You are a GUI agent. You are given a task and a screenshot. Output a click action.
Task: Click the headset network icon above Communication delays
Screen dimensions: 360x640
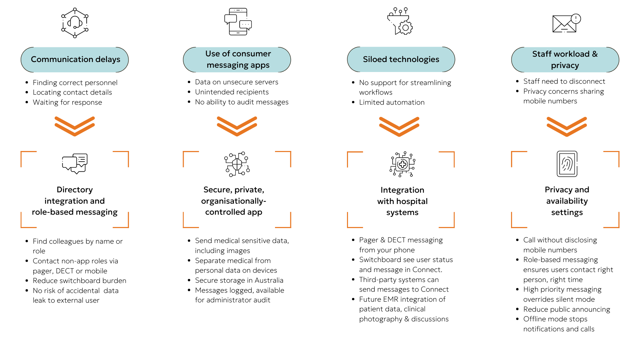(x=75, y=23)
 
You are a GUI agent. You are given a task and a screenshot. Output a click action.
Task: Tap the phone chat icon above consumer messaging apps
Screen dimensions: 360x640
(x=238, y=22)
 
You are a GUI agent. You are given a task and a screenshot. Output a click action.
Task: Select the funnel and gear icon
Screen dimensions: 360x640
(x=400, y=21)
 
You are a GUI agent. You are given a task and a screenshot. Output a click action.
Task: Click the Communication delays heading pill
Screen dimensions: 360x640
(x=75, y=59)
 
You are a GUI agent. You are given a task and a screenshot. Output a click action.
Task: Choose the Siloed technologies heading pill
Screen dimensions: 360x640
(x=401, y=59)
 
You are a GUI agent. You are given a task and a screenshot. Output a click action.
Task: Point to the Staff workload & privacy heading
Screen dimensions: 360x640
(x=565, y=59)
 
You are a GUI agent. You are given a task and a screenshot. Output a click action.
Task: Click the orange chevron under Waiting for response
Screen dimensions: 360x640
(x=75, y=126)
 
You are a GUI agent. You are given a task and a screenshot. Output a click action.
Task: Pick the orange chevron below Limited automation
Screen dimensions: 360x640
(x=399, y=126)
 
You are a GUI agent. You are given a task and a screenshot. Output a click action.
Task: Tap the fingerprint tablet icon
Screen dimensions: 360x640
(x=567, y=164)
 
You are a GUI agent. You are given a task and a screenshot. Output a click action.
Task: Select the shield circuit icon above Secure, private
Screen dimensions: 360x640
(x=237, y=164)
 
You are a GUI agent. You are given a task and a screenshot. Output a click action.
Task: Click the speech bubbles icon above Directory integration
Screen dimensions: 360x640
(x=75, y=163)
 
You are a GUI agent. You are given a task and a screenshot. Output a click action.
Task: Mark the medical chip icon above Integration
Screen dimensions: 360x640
(x=402, y=164)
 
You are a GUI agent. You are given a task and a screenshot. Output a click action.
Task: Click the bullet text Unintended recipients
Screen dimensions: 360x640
(x=232, y=92)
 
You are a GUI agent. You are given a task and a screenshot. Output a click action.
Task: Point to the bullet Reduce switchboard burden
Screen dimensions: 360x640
(x=79, y=281)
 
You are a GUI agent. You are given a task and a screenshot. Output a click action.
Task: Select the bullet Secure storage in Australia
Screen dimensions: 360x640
(x=239, y=280)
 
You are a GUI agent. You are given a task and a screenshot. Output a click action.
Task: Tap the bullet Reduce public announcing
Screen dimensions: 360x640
(x=566, y=309)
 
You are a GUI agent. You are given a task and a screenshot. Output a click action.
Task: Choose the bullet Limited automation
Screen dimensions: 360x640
(x=392, y=102)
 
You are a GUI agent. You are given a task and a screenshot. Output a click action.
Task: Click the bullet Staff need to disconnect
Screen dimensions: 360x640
(x=564, y=81)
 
